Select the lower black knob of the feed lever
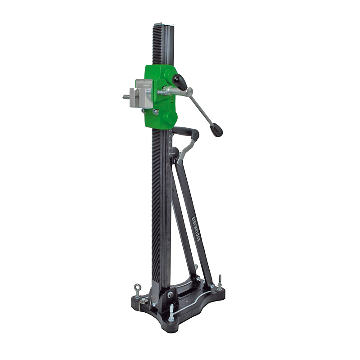(216, 130)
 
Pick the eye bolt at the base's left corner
(136, 288)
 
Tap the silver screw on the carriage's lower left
(155, 111)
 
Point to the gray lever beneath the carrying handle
(186, 151)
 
